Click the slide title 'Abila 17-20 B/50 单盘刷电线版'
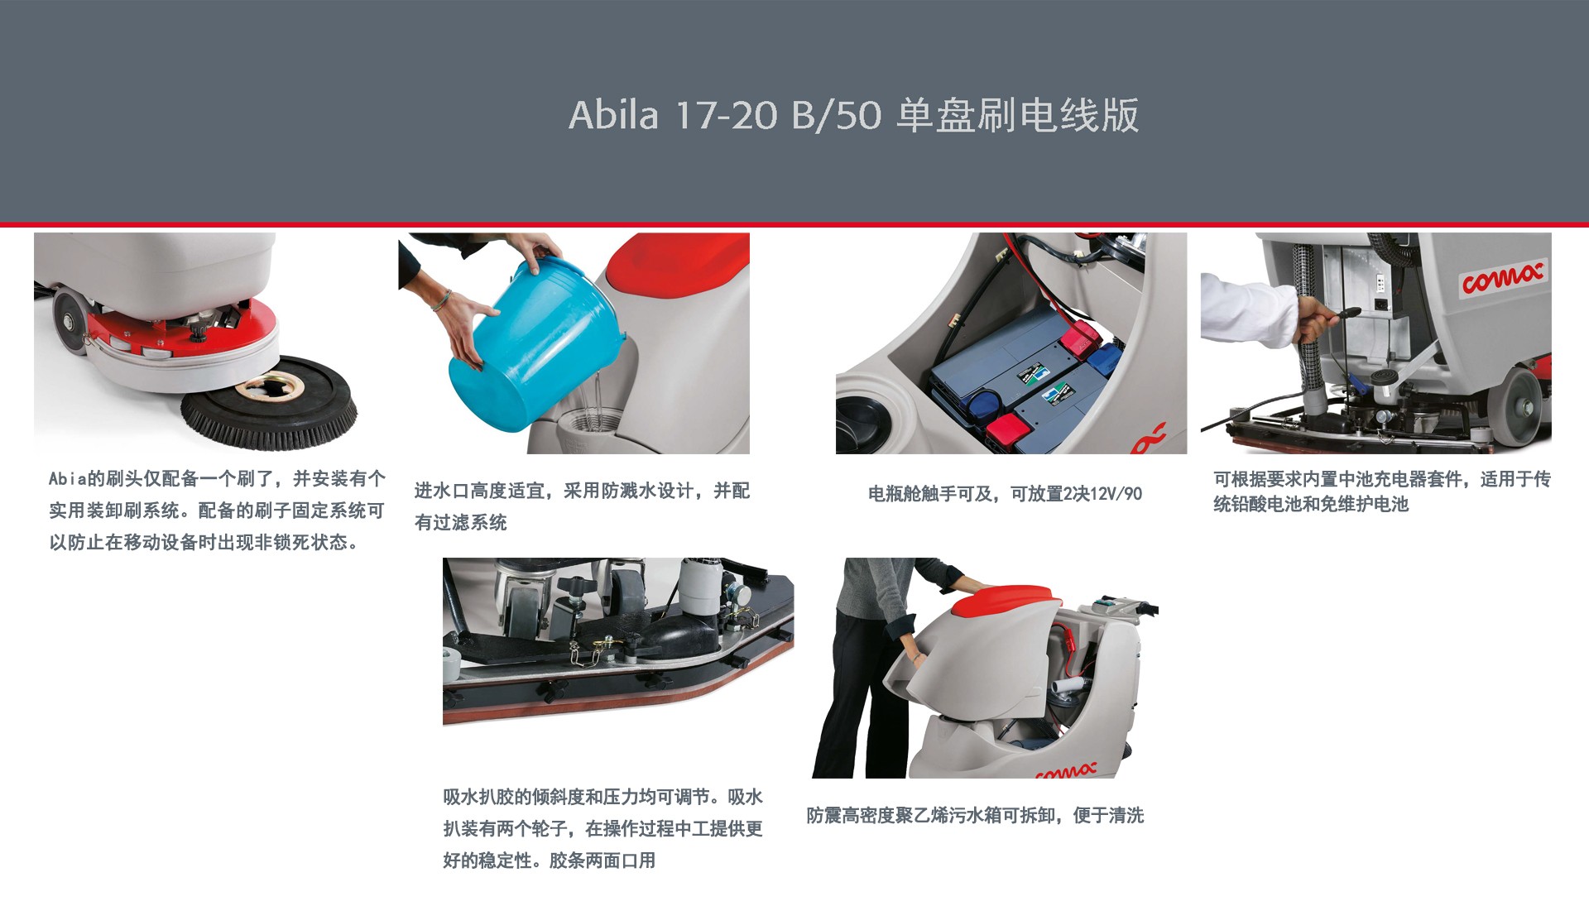(x=853, y=115)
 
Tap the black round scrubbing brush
(x=269, y=413)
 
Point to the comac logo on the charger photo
(x=1501, y=277)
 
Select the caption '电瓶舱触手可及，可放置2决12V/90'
(x=1005, y=494)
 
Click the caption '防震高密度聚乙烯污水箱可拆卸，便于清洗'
(x=975, y=816)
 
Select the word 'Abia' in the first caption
(x=67, y=479)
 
